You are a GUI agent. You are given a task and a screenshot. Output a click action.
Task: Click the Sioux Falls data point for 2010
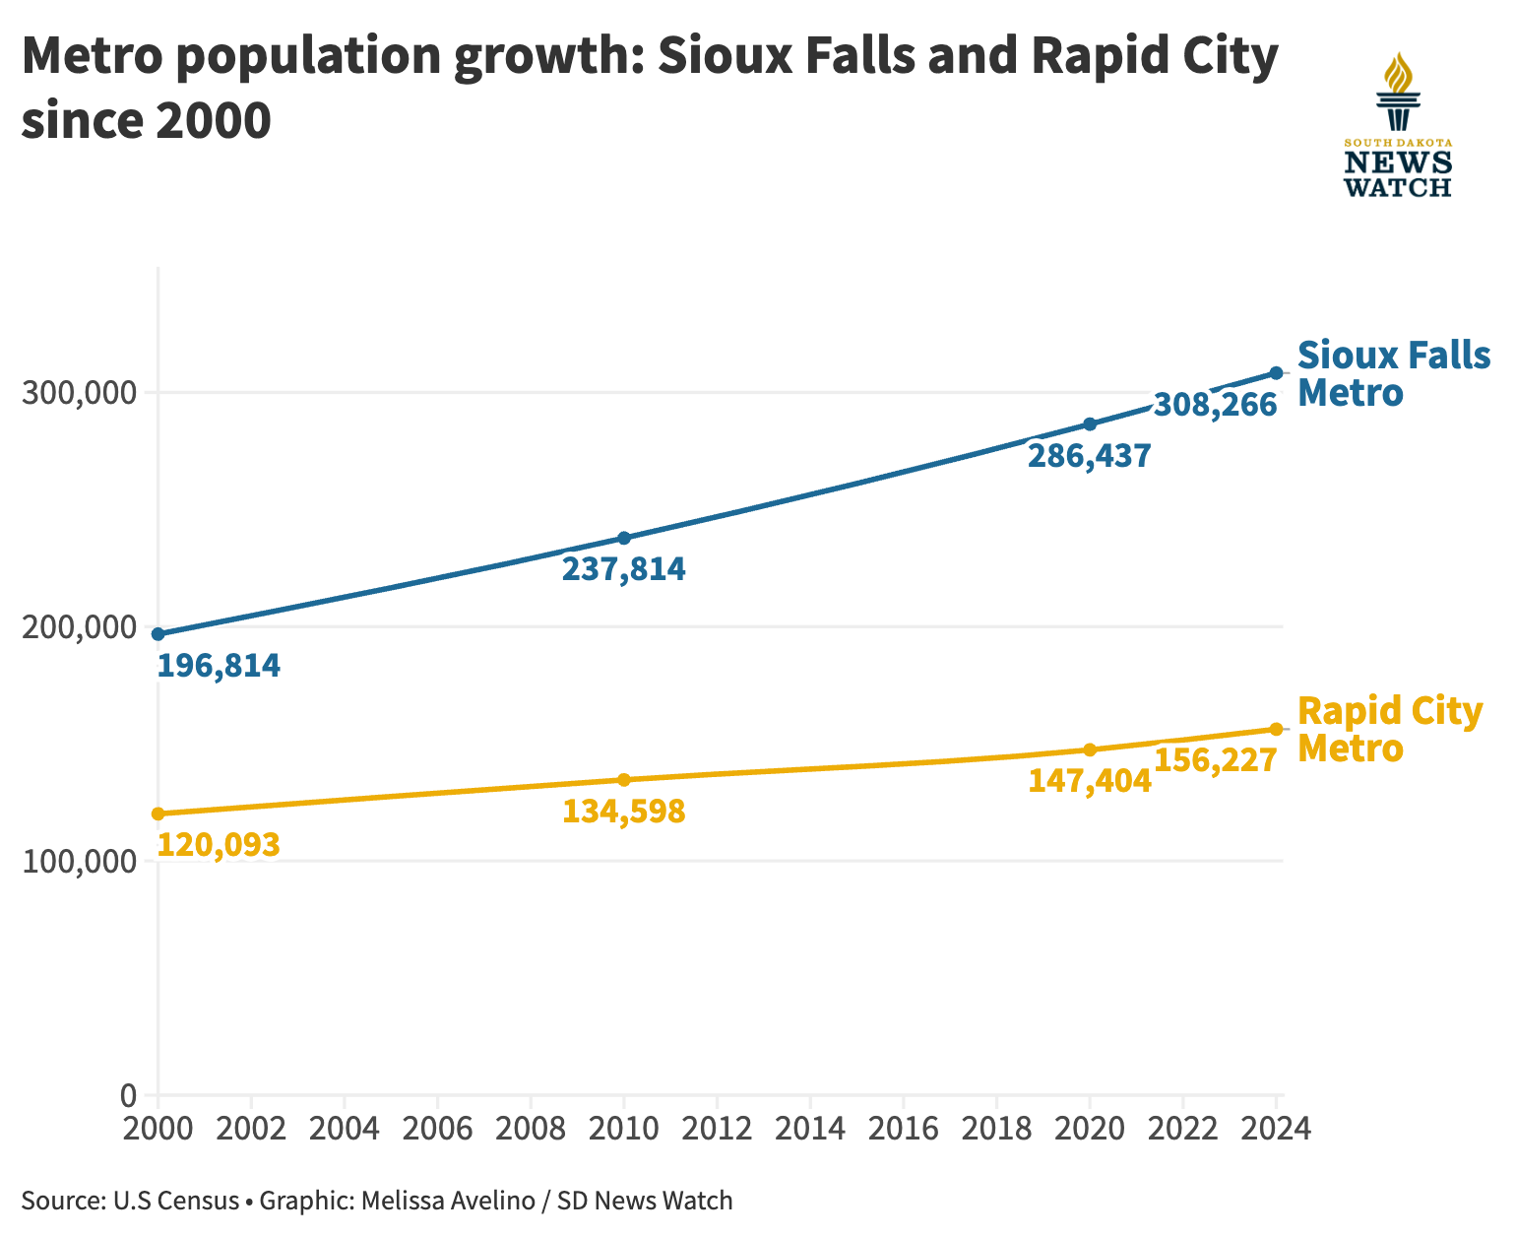tap(624, 538)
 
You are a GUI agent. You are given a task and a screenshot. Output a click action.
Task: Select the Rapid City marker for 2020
tap(1090, 749)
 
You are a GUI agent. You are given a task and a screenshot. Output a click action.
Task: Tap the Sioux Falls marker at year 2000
tap(158, 633)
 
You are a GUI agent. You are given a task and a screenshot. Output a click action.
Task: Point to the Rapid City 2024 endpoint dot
tap(1276, 729)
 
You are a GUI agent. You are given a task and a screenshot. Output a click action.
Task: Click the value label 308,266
tap(1216, 405)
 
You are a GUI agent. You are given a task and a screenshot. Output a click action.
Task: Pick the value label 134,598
tap(624, 812)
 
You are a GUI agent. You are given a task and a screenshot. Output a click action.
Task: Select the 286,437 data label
tap(1090, 456)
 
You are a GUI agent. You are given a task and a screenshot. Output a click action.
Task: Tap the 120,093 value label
tap(219, 844)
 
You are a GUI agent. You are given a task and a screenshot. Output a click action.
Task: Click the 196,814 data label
tap(219, 665)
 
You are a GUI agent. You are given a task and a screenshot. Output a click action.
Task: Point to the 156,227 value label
tap(1216, 760)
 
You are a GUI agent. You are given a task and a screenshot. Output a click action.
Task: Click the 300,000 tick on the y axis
tap(79, 393)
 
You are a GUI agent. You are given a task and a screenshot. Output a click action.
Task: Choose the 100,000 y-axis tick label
tap(79, 862)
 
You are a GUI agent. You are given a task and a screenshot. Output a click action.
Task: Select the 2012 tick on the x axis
tap(717, 1129)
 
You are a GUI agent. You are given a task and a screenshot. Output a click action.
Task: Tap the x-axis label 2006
tap(437, 1129)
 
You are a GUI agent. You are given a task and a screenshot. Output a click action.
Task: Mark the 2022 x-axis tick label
tap(1182, 1129)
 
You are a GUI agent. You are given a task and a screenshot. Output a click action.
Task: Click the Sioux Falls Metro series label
tap(1394, 374)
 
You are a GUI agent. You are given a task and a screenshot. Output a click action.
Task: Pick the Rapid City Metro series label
tap(1390, 729)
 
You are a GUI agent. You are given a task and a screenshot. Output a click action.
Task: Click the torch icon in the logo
tap(1398, 92)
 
